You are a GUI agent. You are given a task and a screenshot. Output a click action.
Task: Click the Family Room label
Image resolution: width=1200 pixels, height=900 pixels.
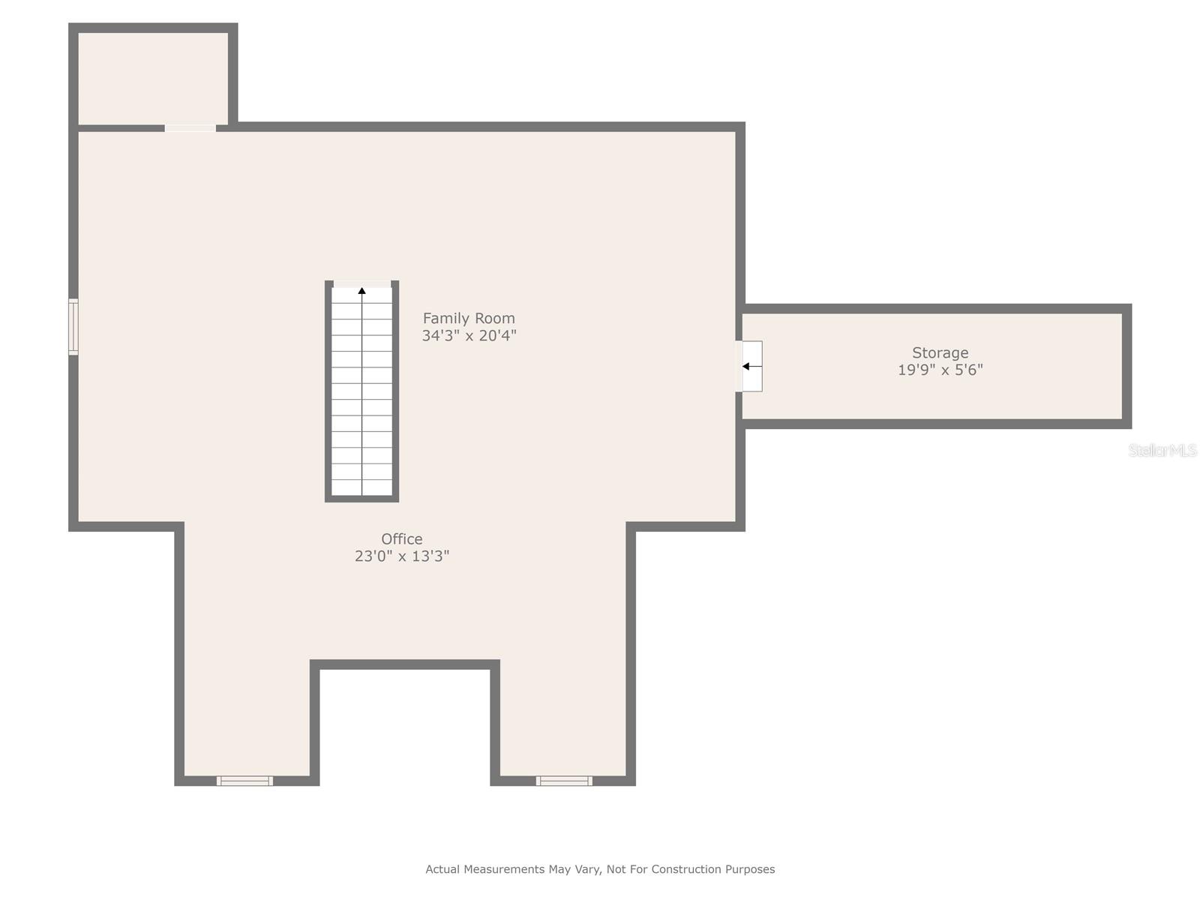click(469, 318)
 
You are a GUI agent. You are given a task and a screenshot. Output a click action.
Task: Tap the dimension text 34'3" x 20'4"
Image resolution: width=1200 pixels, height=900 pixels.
click(469, 336)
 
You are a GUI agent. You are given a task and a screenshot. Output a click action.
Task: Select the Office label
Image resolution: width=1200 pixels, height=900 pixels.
click(401, 538)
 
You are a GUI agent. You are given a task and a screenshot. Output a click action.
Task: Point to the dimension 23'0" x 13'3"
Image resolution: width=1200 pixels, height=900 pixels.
click(401, 556)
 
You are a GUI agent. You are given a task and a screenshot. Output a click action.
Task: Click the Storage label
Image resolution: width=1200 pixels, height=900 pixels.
click(940, 352)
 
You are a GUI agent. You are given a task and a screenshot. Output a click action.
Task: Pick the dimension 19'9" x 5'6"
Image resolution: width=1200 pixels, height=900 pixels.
click(940, 370)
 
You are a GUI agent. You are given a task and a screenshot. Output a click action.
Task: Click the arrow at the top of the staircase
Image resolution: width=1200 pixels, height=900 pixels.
click(362, 290)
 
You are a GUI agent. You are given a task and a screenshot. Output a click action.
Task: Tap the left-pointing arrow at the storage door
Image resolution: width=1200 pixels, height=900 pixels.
click(746, 366)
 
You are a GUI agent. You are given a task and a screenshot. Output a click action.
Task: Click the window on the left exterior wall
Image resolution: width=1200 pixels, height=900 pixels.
click(73, 326)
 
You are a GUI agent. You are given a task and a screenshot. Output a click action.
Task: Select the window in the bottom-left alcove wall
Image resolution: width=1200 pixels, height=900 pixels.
click(244, 781)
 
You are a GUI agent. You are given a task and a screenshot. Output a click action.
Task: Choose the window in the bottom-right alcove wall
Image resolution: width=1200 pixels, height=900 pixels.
click(564, 781)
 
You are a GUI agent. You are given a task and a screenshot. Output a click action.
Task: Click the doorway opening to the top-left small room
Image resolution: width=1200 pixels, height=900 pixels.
click(190, 128)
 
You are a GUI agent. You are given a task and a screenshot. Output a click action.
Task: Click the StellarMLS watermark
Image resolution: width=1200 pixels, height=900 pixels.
click(1162, 451)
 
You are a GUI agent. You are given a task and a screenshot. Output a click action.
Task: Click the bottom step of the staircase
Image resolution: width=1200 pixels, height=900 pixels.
click(362, 487)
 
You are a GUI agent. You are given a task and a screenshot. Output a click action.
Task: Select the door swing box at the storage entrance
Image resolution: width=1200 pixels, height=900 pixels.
click(752, 366)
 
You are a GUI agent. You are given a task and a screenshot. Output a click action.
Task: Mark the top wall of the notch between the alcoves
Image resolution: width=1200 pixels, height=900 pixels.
click(405, 664)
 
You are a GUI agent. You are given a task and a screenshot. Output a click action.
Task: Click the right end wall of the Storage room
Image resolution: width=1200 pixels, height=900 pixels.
click(1126, 366)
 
